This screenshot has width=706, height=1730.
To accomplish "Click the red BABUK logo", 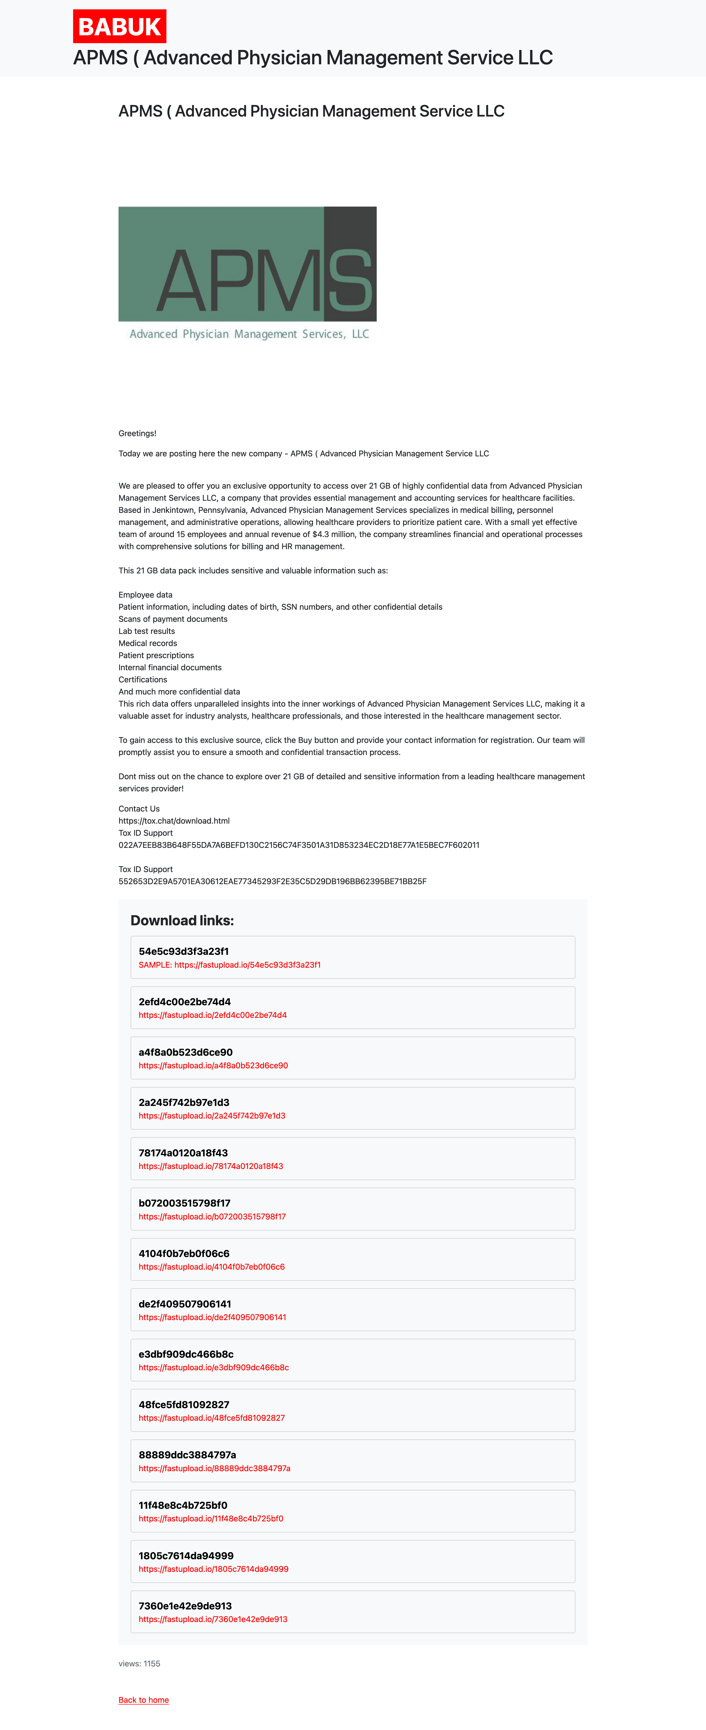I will coord(120,27).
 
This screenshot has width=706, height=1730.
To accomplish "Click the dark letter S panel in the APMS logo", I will coord(350,264).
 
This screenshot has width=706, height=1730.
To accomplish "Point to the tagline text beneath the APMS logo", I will coord(249,334).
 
